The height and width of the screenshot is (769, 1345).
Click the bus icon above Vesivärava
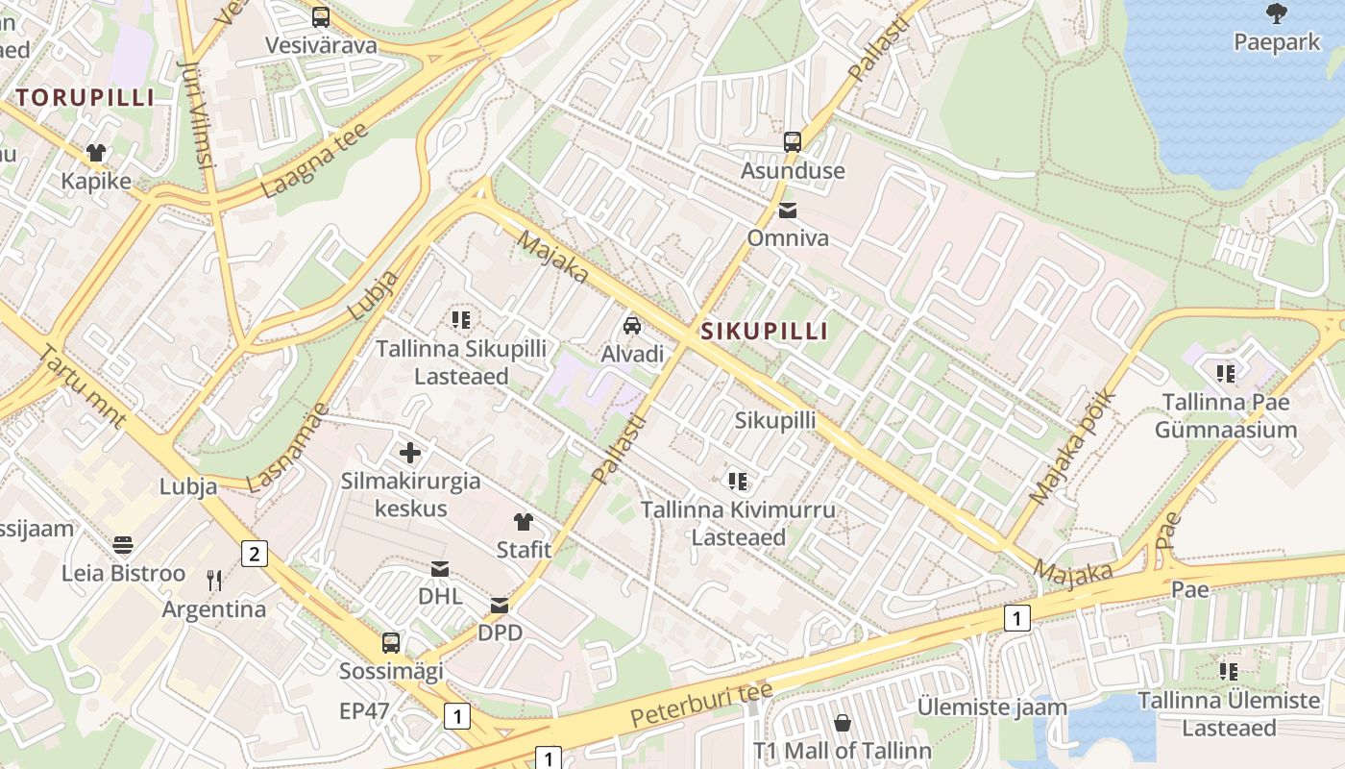(321, 16)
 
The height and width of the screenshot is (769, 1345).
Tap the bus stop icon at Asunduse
(793, 142)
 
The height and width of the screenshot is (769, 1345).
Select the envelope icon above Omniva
(788, 211)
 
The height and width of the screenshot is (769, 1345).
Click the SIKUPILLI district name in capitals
(764, 332)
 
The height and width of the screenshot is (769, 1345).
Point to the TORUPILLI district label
(85, 97)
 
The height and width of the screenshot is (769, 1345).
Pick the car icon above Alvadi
(632, 326)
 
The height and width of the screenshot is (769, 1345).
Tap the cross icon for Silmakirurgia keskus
(410, 452)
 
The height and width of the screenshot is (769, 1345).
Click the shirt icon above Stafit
(523, 522)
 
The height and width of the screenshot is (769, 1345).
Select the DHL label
(440, 596)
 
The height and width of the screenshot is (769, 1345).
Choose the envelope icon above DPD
(500, 606)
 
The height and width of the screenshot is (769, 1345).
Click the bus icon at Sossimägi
(391, 643)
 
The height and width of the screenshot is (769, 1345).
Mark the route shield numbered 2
(254, 554)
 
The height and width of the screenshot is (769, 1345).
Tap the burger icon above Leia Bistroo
(123, 545)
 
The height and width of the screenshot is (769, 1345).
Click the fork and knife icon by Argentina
(214, 580)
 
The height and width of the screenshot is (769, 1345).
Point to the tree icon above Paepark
(1277, 13)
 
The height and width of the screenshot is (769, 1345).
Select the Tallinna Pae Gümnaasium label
(1225, 415)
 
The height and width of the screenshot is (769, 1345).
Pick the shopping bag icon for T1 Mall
(843, 722)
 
